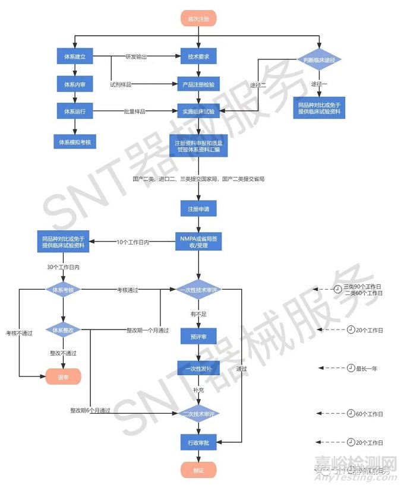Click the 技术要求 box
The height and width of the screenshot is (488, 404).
coord(199,58)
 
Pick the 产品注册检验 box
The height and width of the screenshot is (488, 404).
coord(199,85)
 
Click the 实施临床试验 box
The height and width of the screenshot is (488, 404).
coord(199,111)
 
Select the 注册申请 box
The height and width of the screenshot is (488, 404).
coord(199,209)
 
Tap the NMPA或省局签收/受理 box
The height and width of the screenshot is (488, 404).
coord(199,241)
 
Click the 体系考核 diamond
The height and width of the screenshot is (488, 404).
coord(62,290)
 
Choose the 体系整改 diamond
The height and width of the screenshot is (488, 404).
coord(62,329)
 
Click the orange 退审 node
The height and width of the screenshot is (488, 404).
coord(62,376)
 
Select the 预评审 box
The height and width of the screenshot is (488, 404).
coord(199,337)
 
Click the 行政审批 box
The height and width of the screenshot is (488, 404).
coord(199,442)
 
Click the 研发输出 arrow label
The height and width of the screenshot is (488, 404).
coord(134,58)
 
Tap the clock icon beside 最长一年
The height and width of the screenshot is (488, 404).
coord(351,369)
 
